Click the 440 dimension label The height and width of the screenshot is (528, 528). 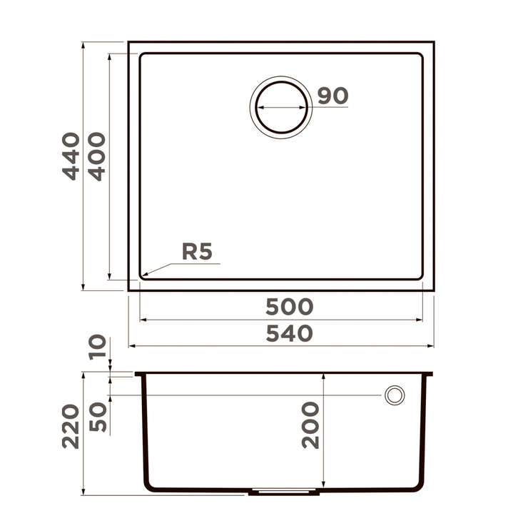pos(71,156)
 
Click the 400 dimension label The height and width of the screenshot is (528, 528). pos(97,156)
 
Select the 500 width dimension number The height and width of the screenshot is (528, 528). pos(289,307)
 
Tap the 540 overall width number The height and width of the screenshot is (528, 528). pos(289,333)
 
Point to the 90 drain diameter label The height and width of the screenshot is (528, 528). pos(332,96)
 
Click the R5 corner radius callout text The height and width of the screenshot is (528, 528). pos(197,251)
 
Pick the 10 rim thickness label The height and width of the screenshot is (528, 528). pos(98,347)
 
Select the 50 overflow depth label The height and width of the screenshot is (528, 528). pos(98,417)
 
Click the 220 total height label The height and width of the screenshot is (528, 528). pos(71,427)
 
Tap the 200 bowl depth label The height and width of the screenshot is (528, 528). pos(310,425)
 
